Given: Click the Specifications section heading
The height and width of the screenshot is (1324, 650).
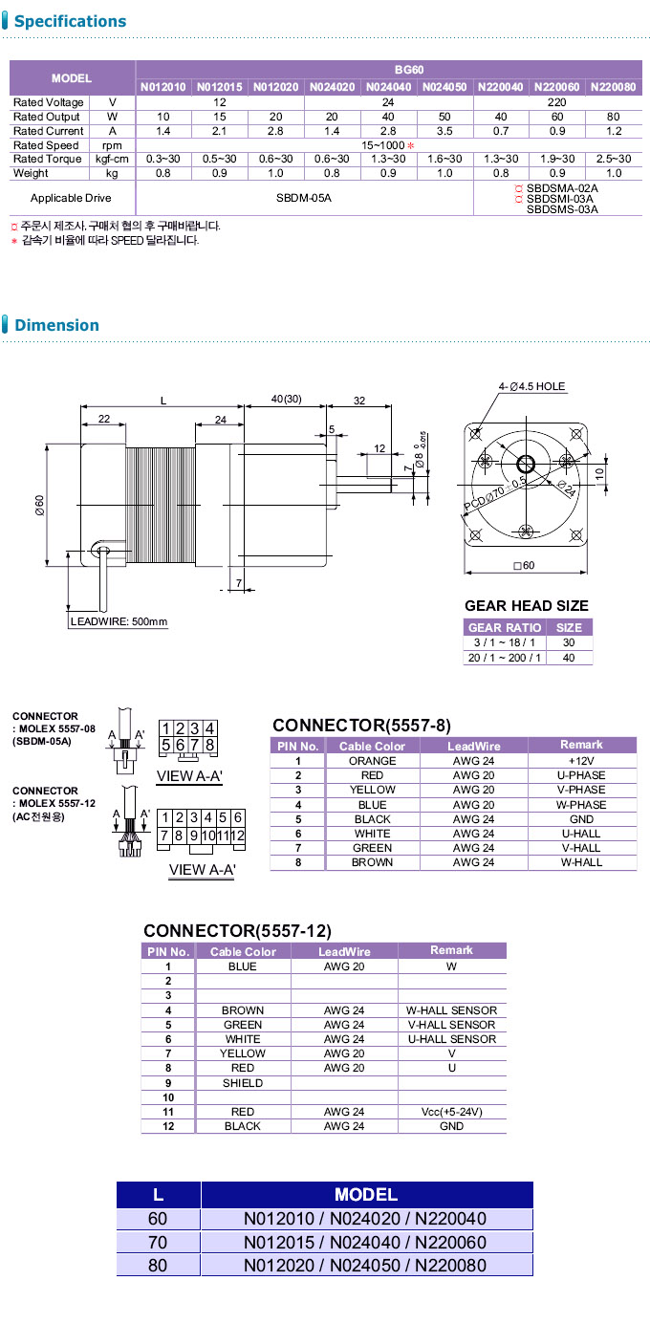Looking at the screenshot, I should [x=70, y=21].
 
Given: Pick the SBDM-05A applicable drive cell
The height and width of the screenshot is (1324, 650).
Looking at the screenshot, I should [x=304, y=198].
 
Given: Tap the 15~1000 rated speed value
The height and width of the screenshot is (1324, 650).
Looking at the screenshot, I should [x=386, y=144].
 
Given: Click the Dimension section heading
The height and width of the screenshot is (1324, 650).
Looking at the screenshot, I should [x=56, y=325].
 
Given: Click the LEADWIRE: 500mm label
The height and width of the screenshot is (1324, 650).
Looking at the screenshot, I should [x=119, y=622].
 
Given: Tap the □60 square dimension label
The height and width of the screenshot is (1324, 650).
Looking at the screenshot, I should [x=524, y=566].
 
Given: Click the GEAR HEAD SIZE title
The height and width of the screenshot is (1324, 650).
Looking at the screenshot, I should [x=526, y=606].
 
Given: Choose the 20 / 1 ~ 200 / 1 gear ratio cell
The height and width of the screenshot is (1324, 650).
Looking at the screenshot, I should [x=504, y=658].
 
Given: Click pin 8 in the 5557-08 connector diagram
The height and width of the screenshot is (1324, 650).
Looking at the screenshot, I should [x=209, y=746].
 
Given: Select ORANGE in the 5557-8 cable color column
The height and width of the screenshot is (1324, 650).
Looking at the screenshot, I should [x=372, y=761].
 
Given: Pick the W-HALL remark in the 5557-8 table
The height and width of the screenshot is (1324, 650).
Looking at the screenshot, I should [x=581, y=862].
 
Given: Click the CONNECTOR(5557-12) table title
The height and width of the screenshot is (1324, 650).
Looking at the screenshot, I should [x=237, y=930].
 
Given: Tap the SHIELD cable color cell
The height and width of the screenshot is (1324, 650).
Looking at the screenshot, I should [x=243, y=1083].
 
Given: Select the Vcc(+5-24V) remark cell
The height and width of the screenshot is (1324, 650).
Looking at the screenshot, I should [x=451, y=1112].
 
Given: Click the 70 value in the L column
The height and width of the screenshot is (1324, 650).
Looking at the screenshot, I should [x=158, y=1243].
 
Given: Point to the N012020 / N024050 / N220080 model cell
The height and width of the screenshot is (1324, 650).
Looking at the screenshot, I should [x=365, y=1265].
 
